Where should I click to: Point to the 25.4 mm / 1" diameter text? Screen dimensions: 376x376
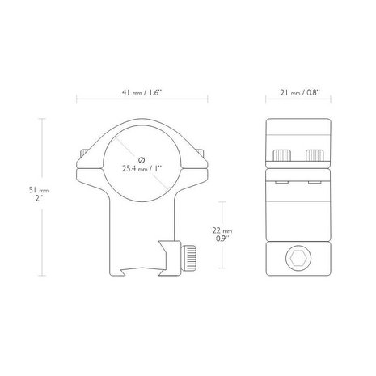pos(142,170)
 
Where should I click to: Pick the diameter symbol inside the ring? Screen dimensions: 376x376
pos(142,158)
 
